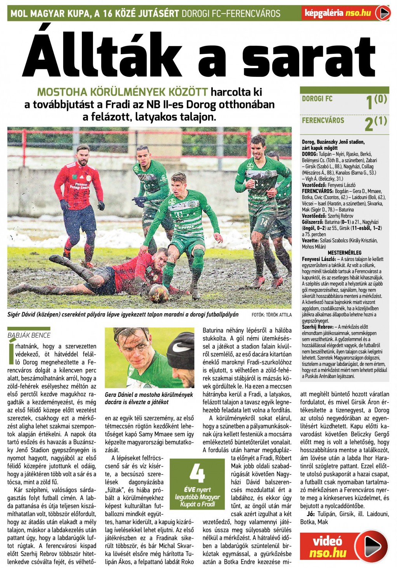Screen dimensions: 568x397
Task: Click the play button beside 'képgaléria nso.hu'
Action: click(384, 14)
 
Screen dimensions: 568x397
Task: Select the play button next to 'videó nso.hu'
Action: click(371, 546)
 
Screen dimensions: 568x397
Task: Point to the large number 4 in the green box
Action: click(197, 473)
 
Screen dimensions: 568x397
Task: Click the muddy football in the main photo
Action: click(159, 293)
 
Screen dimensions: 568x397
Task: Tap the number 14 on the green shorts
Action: click(264, 222)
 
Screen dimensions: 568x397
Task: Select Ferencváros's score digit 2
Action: click(369, 124)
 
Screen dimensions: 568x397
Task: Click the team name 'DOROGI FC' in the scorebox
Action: click(317, 99)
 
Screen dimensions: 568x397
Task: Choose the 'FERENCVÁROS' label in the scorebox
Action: click(323, 120)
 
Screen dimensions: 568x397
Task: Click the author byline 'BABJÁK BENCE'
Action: click(29, 335)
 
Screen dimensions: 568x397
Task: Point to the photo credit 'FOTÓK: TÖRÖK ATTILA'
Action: click(271, 315)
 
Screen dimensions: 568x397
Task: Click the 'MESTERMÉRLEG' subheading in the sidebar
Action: click(344, 253)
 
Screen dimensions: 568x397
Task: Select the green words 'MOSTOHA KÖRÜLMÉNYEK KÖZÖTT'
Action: click(123, 92)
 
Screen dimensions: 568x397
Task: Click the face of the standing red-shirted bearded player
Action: click(83, 156)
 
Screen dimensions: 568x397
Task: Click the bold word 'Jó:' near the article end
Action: click(311, 514)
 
